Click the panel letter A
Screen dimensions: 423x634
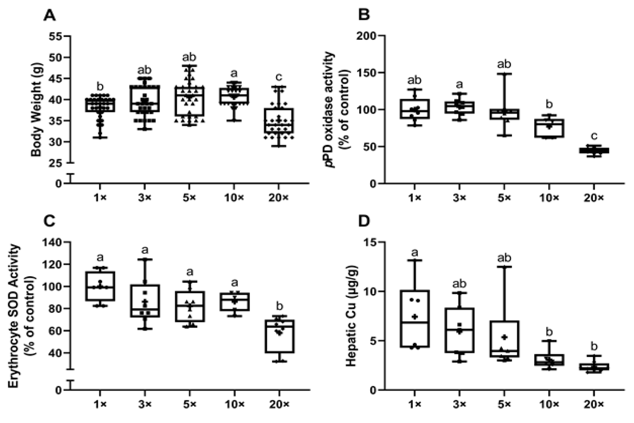tap(50, 16)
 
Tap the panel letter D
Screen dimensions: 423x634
tap(364, 222)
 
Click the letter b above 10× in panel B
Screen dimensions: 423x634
tap(549, 104)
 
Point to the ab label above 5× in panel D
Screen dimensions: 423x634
tap(504, 258)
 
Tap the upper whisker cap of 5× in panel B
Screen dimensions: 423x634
tap(504, 74)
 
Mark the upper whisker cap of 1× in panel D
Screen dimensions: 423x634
tap(414, 260)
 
